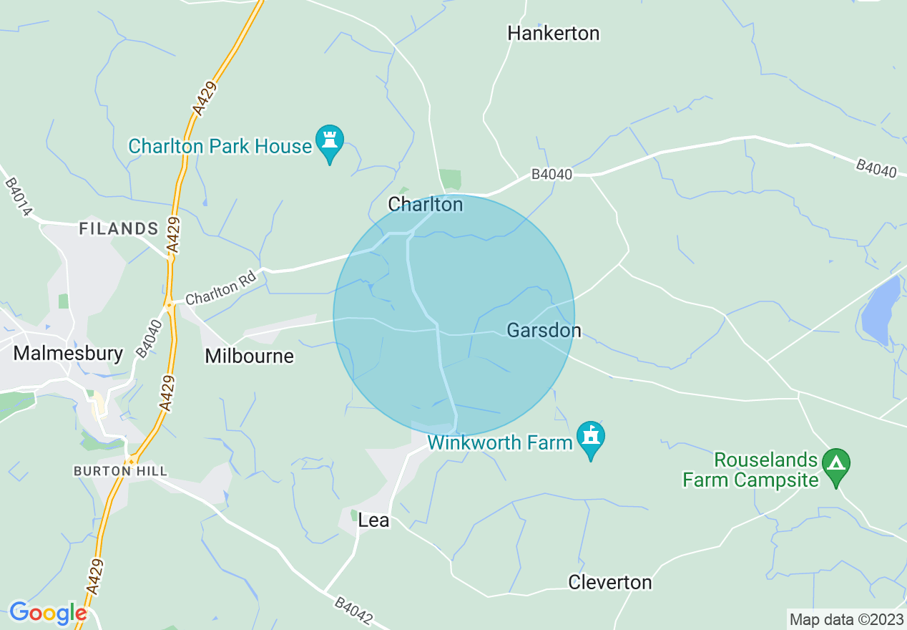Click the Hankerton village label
coord(553,33)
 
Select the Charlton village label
coord(426,205)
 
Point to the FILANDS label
coord(119,229)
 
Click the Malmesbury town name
coord(69,353)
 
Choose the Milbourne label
coord(249,356)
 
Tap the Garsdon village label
coord(544,331)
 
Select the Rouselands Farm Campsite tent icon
coord(836,465)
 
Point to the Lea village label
coord(373,520)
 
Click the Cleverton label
coord(610,583)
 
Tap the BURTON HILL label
coord(120,471)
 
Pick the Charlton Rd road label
coord(220,291)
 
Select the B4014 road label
coord(19,197)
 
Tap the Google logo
coord(48,614)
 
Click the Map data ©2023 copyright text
coord(845,619)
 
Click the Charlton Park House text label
coord(220,147)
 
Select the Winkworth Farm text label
coord(500,442)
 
